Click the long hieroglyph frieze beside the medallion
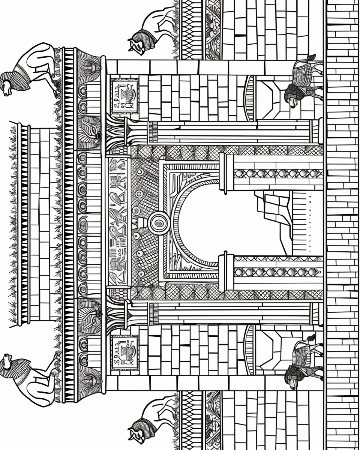tap(117, 221)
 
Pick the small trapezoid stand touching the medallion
tap(142, 223)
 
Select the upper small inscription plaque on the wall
tap(124, 96)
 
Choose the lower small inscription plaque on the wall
tap(124, 351)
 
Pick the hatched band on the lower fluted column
tap(153, 313)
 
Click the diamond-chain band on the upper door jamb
tap(277, 173)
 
